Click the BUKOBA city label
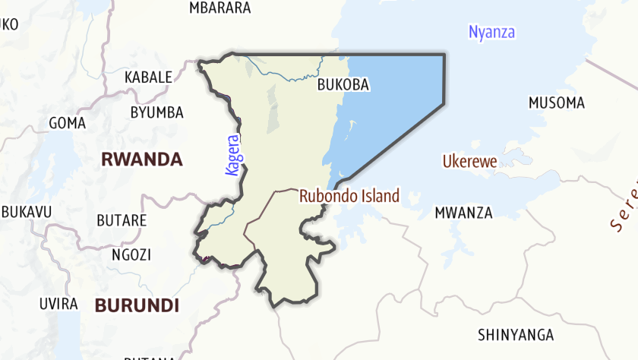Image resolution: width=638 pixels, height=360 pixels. [343, 85]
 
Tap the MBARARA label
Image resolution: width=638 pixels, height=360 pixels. [220, 8]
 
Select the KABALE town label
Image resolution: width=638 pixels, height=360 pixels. [148, 77]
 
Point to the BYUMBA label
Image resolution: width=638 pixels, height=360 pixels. [156, 112]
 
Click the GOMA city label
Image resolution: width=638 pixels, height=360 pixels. [67, 122]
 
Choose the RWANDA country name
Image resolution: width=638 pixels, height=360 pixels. [142, 159]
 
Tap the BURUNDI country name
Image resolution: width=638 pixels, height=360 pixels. [137, 306]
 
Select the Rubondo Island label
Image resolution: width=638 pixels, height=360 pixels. [349, 196]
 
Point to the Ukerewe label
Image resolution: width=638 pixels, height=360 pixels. [469, 162]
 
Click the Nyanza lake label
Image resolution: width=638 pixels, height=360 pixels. [491, 32]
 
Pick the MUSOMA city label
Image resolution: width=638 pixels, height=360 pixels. [557, 103]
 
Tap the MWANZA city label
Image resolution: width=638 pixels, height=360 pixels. [463, 213]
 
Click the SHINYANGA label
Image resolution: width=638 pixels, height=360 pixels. [516, 335]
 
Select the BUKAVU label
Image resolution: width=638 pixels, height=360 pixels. [26, 212]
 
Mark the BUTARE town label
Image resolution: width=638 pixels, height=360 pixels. [122, 220]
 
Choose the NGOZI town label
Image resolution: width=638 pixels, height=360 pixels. [131, 254]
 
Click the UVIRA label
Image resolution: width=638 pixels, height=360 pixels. [58, 304]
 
